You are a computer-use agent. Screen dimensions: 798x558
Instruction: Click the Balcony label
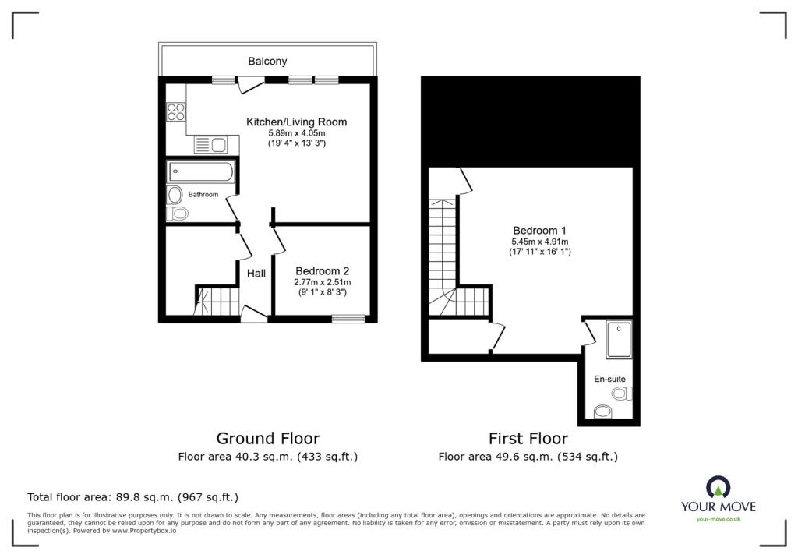267,61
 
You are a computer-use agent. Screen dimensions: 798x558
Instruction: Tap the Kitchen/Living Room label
297,122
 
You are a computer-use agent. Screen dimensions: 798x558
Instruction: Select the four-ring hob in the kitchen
176,112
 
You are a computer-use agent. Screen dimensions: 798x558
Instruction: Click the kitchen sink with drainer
210,145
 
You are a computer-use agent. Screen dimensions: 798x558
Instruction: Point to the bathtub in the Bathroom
201,171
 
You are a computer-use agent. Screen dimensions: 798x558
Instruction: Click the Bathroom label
203,195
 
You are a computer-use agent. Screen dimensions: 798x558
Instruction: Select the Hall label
256,274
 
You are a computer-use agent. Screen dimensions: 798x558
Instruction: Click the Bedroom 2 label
322,271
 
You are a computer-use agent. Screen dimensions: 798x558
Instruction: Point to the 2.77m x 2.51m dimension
322,282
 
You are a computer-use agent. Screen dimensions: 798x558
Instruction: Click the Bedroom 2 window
348,319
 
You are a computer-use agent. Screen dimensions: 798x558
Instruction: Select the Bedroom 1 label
539,230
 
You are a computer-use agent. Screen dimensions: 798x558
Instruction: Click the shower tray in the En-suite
619,339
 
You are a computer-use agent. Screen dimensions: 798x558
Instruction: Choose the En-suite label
609,379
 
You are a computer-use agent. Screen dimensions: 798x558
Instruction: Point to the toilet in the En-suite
622,393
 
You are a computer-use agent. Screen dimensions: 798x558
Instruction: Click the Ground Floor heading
268,438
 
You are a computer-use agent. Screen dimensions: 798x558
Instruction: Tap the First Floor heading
528,438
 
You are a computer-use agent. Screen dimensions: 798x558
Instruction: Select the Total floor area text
132,497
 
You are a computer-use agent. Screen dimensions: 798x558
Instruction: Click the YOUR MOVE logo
718,499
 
